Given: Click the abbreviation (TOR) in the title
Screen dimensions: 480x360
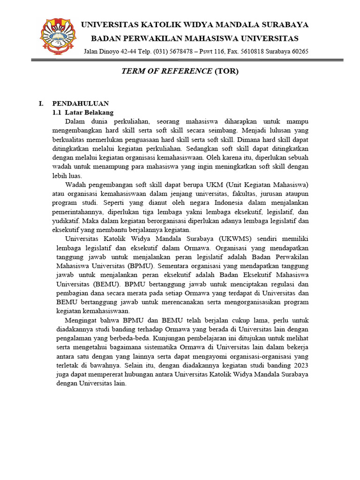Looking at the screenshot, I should pyautogui.click(x=226, y=71).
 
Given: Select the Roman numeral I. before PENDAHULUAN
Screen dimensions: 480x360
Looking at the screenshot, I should pyautogui.click(x=41, y=104).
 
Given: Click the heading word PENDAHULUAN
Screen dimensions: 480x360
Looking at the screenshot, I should pyautogui.click(x=81, y=104).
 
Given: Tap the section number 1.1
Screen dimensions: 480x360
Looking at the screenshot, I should pyautogui.click(x=57, y=112).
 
